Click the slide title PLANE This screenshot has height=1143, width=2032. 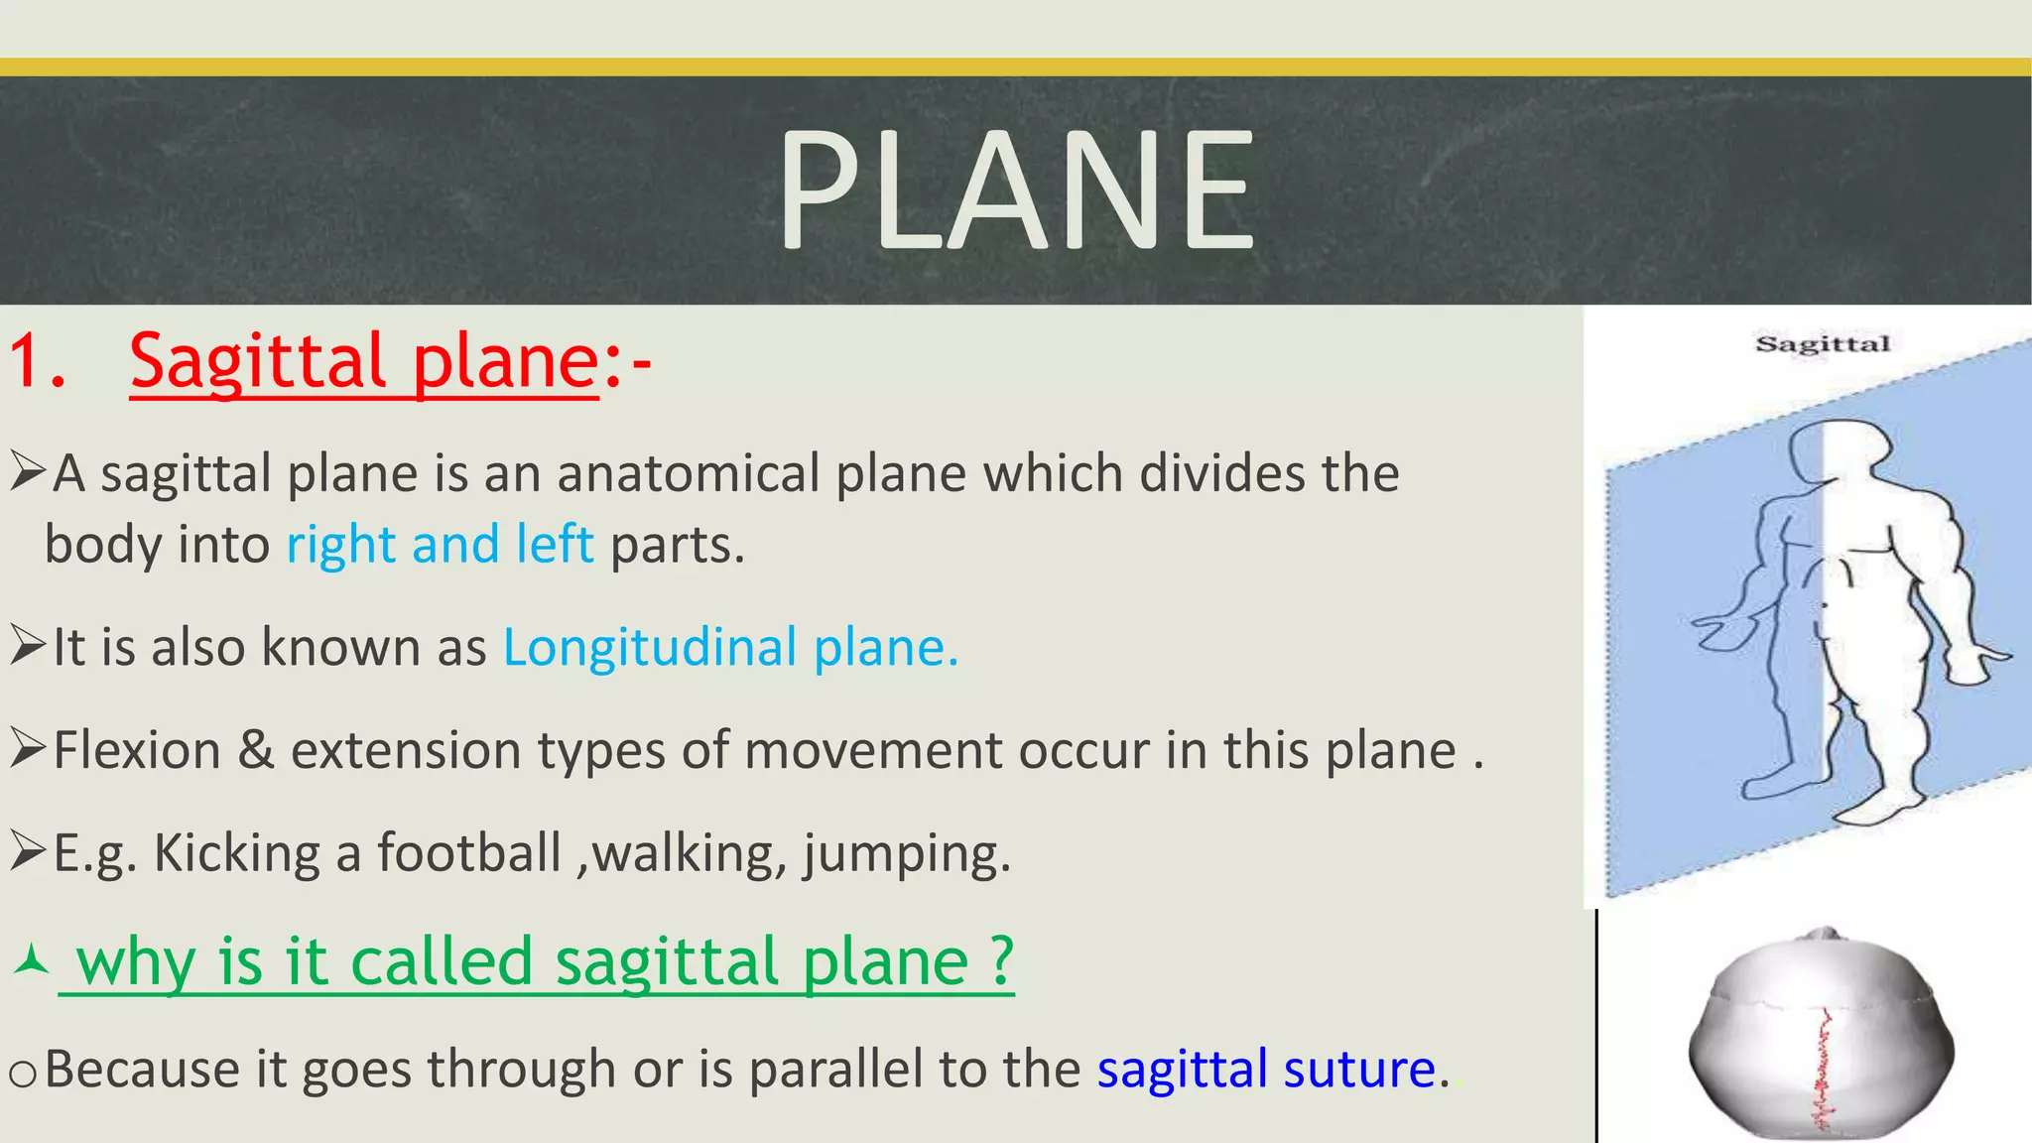(1016, 190)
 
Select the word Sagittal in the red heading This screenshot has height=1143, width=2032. (257, 360)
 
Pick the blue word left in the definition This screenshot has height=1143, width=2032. (554, 544)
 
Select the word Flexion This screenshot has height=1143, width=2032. (137, 750)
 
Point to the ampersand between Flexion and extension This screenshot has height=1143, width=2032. (256, 750)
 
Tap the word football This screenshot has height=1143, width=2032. (468, 853)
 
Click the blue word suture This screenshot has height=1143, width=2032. (1359, 1070)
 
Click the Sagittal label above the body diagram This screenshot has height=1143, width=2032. (1823, 344)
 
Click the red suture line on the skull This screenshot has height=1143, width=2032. (1823, 1072)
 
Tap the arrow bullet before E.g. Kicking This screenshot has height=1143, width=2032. (27, 851)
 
